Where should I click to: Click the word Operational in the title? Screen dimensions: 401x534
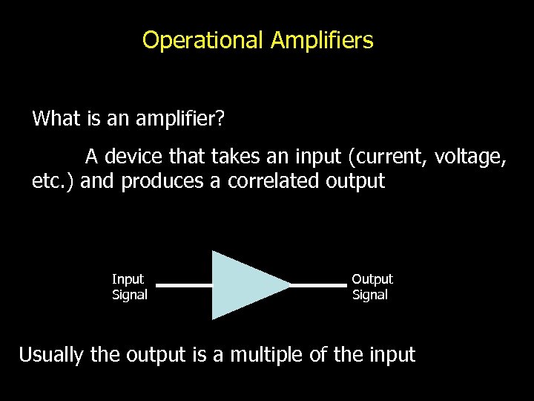coord(202,40)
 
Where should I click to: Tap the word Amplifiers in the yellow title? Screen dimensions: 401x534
coord(322,40)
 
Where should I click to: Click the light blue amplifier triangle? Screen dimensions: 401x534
coord(241,285)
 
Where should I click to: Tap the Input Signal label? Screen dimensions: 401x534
coord(129,287)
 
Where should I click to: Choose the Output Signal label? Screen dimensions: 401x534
coord(372,287)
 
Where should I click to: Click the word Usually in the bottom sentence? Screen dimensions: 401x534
coord(51,355)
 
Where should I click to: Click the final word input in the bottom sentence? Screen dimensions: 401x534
coord(391,355)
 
